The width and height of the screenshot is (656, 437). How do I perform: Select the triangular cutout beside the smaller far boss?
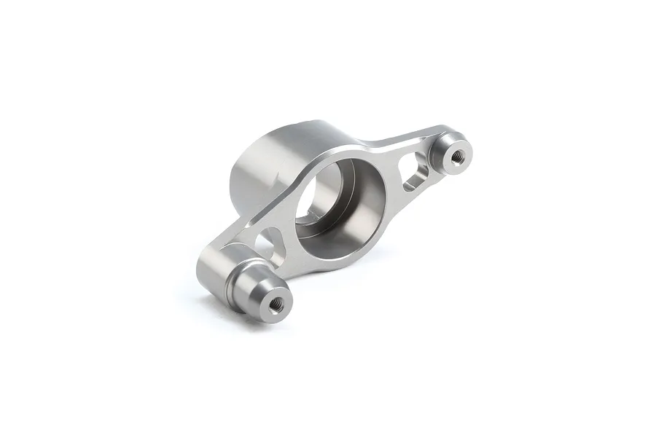415,169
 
